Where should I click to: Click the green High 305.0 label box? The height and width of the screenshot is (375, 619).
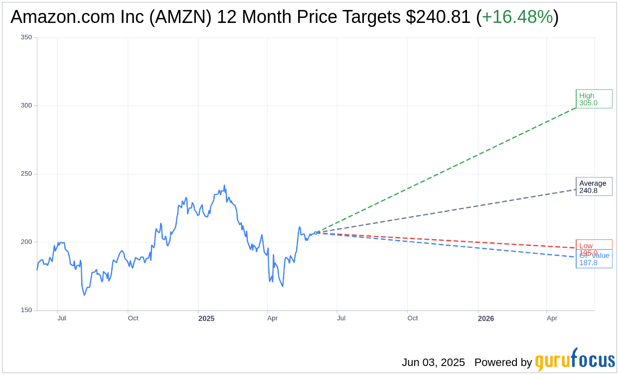coord(594,99)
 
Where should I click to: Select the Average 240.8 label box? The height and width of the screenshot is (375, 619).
coord(594,187)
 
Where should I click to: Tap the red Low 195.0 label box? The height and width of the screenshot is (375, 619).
coord(594,245)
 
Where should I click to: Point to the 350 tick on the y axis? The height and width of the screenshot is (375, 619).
coord(26,37)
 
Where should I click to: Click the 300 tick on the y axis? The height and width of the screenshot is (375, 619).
coord(26,106)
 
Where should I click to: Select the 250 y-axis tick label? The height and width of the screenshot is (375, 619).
coord(26,174)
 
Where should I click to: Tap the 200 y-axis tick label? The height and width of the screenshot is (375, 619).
coord(26,242)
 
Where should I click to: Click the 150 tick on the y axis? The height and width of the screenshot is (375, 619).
coord(26,310)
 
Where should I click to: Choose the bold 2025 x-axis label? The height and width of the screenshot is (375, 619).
coord(206,318)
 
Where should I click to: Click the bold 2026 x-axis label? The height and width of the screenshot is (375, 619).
coord(486,318)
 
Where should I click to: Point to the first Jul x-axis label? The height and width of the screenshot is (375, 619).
coord(62,318)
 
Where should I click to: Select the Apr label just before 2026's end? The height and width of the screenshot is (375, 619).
coord(552,318)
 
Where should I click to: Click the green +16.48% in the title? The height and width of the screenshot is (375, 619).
coord(517,17)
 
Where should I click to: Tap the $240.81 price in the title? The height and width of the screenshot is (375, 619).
coord(438,17)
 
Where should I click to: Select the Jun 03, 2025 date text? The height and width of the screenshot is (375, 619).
coord(433,363)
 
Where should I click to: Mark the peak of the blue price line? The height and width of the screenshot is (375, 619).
coord(224,186)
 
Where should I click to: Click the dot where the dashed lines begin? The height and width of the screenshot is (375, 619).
coord(315,233)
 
